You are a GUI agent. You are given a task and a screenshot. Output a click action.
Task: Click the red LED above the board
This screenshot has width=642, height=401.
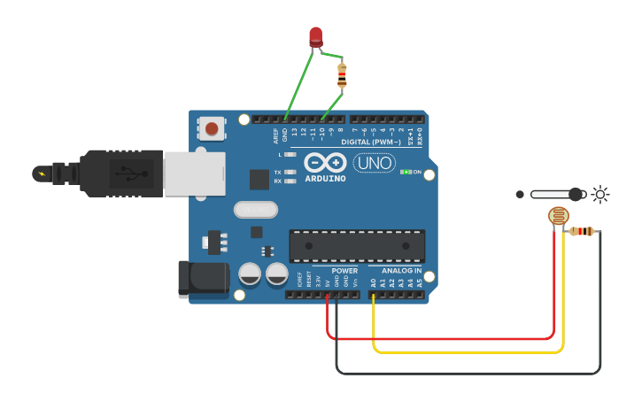(316, 36)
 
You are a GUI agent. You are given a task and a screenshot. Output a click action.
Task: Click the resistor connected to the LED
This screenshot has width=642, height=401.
(342, 76)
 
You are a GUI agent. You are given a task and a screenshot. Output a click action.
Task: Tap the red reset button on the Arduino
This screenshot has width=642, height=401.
(212, 129)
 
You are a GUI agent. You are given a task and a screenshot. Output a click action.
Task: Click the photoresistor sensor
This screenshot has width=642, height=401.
(558, 215)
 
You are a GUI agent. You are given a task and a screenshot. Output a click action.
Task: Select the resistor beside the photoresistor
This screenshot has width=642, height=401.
(582, 232)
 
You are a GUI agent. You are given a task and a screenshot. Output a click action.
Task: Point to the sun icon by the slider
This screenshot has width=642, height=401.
(600, 194)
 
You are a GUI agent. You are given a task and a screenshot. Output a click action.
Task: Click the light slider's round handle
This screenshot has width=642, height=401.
(576, 194)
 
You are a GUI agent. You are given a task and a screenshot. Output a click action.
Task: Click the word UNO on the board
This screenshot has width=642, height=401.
(375, 163)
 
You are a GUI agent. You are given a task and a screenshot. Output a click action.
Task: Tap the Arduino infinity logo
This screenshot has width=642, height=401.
(323, 162)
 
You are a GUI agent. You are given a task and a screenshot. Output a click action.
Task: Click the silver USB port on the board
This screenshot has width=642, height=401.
(193, 172)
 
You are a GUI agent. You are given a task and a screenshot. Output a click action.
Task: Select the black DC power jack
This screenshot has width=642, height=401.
(202, 279)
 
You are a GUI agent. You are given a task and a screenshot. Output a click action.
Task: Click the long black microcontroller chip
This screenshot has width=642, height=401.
(357, 245)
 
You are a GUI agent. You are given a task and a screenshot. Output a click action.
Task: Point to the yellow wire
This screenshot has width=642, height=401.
(469, 351)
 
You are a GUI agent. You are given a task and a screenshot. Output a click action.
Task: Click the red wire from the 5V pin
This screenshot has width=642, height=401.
(443, 338)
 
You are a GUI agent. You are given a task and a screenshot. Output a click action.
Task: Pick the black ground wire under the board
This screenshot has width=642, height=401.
(469, 373)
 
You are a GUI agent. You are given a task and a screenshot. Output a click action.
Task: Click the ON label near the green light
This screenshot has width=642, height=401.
(417, 172)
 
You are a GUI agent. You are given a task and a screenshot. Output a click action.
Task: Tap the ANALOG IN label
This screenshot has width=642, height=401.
(401, 271)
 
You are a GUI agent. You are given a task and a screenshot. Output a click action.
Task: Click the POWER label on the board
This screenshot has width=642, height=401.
(344, 271)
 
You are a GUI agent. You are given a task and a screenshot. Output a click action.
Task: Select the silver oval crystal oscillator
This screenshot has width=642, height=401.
(256, 210)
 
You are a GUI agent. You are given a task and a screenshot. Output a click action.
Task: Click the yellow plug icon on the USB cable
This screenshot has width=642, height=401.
(42, 173)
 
